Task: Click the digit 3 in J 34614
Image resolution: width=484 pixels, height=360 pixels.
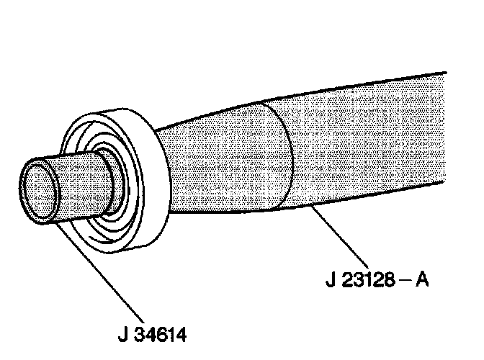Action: (140, 336)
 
